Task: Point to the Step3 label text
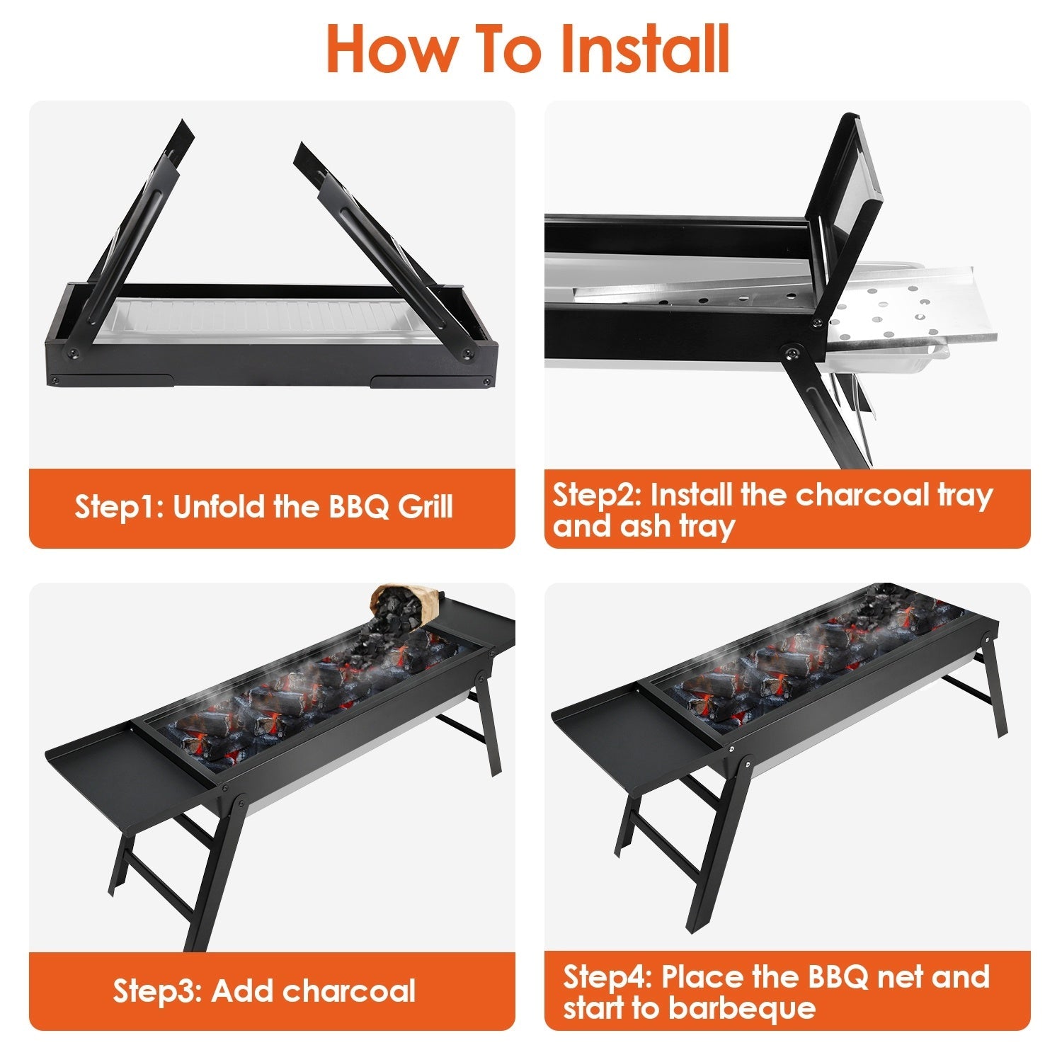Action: pyautogui.click(x=157, y=990)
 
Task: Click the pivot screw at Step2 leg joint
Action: pyautogui.click(x=794, y=353)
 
